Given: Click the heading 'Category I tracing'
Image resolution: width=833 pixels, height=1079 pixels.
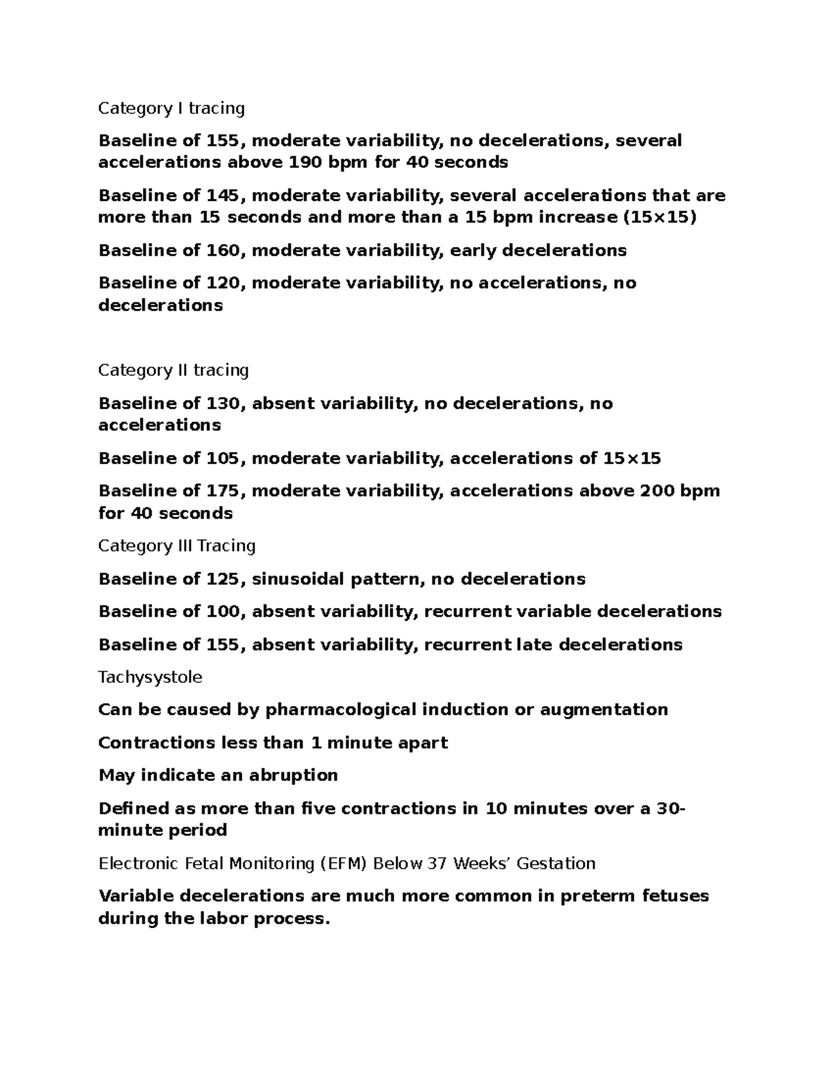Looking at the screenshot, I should pos(171,108).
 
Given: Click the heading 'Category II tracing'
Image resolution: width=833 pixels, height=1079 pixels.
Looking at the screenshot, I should pos(174,370).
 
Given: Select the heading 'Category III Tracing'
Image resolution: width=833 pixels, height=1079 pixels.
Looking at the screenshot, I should pos(177,546).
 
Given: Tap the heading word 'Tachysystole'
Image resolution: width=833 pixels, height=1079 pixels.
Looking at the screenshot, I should pos(150,677).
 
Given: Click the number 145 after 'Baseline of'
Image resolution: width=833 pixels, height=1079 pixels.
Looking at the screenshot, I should pos(223,196).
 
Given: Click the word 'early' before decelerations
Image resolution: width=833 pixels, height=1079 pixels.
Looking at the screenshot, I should pos(473,250).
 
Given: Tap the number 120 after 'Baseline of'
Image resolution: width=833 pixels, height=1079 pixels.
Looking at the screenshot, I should pos(223,283).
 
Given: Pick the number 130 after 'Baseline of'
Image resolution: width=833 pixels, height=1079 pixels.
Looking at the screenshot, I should pos(223,404).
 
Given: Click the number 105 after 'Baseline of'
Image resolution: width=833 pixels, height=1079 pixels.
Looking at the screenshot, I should pos(223,459).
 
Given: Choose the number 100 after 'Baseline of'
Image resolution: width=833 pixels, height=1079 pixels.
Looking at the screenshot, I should pos(223,611).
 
